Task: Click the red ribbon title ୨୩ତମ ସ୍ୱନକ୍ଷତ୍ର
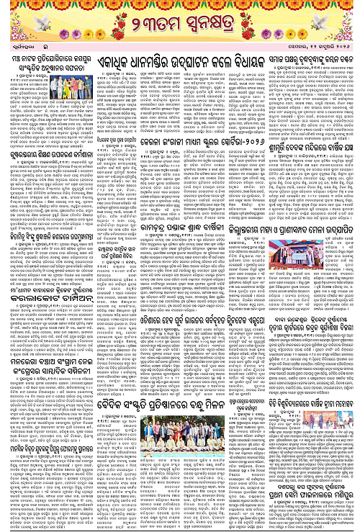179,32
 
